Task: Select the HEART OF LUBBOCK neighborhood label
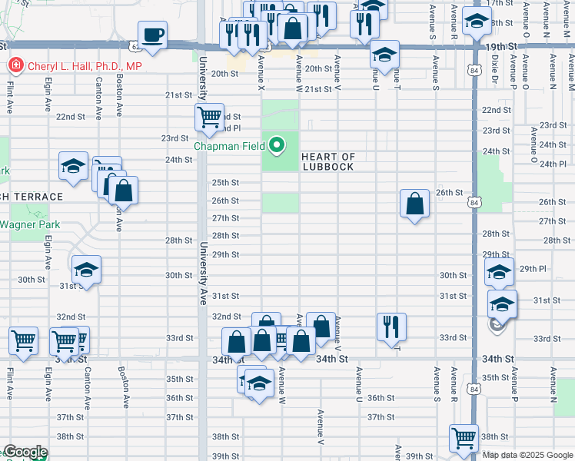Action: point(328,161)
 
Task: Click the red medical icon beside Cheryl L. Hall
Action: point(15,66)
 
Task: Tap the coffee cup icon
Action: point(155,35)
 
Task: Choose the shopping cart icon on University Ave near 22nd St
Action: point(209,118)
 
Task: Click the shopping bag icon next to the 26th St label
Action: point(414,204)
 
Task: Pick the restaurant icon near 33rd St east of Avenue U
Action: point(391,327)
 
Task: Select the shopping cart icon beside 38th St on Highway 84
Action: point(464,439)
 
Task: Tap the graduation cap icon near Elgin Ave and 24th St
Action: point(74,167)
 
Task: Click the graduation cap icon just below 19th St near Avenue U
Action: point(384,54)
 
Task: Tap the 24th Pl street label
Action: point(553,164)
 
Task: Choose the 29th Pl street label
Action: point(532,269)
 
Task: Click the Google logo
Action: point(25,453)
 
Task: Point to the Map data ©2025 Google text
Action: point(527,455)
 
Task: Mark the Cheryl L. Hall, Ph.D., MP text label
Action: point(85,67)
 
